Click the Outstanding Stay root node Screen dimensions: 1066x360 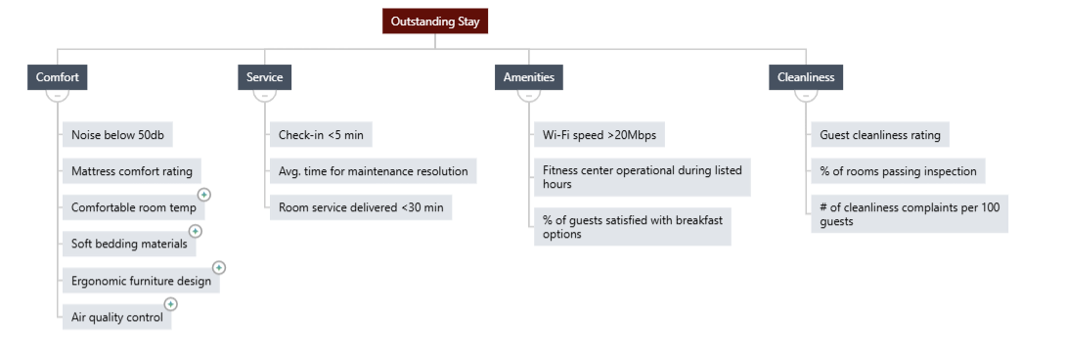[x=435, y=22]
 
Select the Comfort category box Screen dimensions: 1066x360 [x=57, y=77]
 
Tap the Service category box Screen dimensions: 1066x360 [x=264, y=77]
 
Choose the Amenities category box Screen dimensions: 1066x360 [x=529, y=77]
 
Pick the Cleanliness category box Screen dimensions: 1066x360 [x=806, y=77]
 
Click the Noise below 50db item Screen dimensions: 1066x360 [x=117, y=135]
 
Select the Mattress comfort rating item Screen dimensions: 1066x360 [x=132, y=171]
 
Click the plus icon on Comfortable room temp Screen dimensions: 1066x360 [x=204, y=195]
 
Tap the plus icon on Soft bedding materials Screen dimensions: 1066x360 [x=196, y=232]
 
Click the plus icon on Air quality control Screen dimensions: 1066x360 [x=170, y=304]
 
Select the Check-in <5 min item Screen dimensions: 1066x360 [x=321, y=135]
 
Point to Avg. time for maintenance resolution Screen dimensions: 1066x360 [x=374, y=171]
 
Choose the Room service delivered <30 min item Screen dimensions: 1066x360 [x=361, y=207]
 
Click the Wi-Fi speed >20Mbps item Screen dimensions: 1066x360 [x=599, y=135]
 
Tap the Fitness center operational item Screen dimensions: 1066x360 [x=643, y=177]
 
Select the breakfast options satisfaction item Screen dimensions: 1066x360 [x=632, y=227]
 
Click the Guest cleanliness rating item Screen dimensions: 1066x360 [x=880, y=135]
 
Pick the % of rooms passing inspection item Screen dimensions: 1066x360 [x=898, y=171]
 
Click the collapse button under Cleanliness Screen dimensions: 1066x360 [x=806, y=96]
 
